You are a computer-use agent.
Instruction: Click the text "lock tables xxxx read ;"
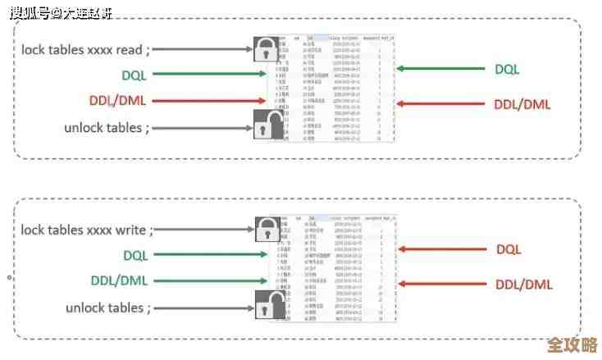click(x=85, y=49)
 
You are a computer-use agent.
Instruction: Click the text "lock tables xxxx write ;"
click(x=87, y=230)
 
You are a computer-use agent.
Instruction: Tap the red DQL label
click(x=509, y=249)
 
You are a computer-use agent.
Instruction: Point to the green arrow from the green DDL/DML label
click(x=205, y=281)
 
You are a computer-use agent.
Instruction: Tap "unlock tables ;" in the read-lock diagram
click(x=107, y=128)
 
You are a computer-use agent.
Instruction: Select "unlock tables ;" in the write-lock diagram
click(x=109, y=308)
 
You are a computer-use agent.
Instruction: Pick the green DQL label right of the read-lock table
click(x=507, y=69)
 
